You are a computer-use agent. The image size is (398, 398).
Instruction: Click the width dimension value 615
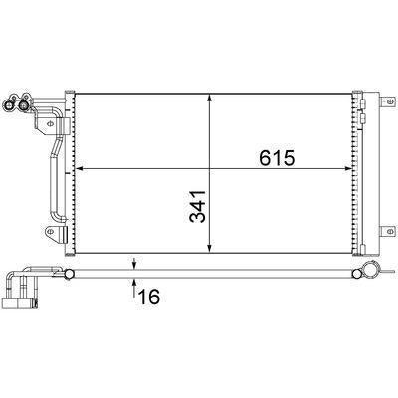pos(277,158)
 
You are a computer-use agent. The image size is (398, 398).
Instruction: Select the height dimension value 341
pos(198,206)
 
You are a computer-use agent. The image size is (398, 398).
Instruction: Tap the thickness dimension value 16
pos(149,297)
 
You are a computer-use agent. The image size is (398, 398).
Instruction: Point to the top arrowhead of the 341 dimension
pos(209,98)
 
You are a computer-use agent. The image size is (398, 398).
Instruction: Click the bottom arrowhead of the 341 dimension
pos(209,249)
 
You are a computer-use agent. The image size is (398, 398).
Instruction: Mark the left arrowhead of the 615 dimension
pos(80,169)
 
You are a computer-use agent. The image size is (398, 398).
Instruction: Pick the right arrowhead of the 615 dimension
pos(348,169)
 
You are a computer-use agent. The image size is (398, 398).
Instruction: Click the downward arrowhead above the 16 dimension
pos(134,266)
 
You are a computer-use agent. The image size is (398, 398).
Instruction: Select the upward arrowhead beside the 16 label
pos(134,282)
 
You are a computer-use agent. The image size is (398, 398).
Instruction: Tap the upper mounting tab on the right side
pos(388,101)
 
